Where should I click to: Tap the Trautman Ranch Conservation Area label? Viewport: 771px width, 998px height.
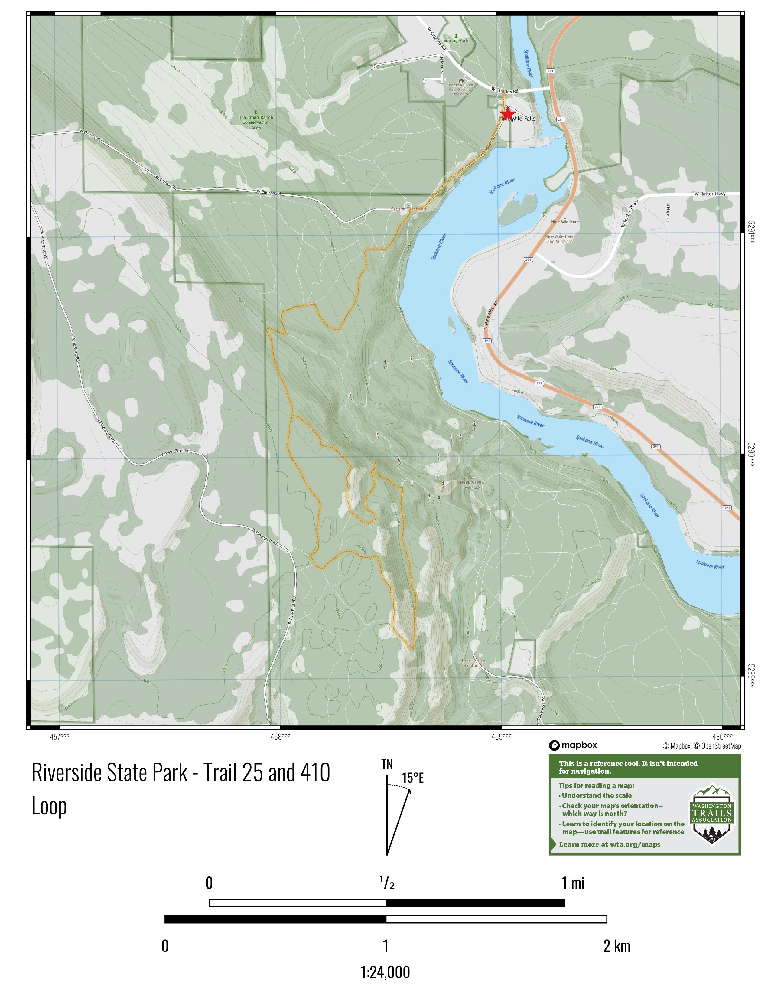pos(256,122)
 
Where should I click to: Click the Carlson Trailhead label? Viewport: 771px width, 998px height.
pos(408,209)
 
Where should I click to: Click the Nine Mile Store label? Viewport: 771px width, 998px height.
pos(565,222)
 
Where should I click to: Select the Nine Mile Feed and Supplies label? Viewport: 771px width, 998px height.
pos(560,239)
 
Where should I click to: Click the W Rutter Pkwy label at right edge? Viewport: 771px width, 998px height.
pos(710,194)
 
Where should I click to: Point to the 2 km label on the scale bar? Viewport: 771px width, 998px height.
pos(616,946)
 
